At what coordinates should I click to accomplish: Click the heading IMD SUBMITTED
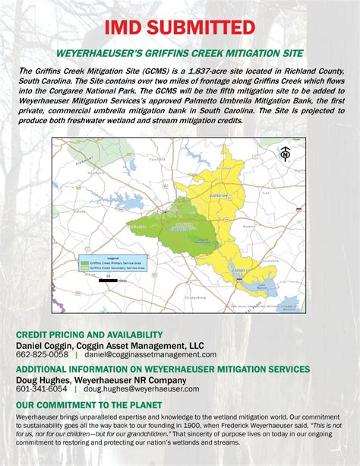pos(179,27)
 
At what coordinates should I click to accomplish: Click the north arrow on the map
pos(286,154)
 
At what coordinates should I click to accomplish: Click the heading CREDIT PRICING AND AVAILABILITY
pos(89,334)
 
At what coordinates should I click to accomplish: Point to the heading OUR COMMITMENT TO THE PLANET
pos(88,405)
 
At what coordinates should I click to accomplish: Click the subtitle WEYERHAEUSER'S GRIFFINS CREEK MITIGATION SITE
pos(180,53)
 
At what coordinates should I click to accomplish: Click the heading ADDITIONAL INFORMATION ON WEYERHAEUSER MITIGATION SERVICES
pos(163,368)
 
